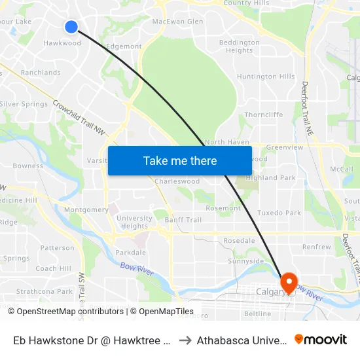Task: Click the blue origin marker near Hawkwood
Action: (x=71, y=27)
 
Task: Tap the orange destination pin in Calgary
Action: (x=289, y=282)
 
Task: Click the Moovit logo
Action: (x=321, y=340)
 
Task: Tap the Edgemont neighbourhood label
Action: (x=124, y=46)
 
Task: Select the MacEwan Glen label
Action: (x=177, y=22)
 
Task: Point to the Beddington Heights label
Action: (x=239, y=46)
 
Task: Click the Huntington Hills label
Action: (x=266, y=77)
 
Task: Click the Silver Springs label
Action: (x=24, y=104)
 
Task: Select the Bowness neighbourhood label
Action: (x=28, y=166)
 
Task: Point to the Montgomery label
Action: (x=86, y=210)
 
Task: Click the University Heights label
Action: (x=135, y=223)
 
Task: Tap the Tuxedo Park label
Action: (x=279, y=213)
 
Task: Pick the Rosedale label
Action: (x=239, y=241)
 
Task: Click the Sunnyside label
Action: (x=245, y=261)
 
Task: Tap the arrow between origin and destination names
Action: (x=185, y=340)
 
